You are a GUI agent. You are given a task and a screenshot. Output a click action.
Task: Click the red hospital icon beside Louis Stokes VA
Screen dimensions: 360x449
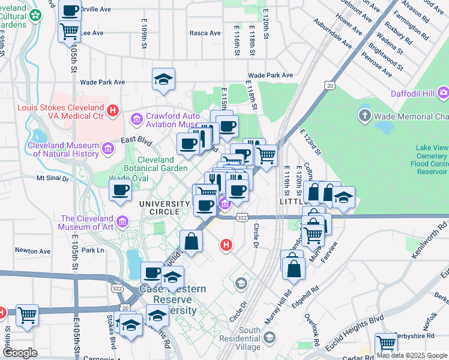113,110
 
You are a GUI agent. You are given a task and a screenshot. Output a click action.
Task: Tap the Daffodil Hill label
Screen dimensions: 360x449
413,92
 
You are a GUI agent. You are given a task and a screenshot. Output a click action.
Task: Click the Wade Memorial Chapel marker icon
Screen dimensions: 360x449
364,115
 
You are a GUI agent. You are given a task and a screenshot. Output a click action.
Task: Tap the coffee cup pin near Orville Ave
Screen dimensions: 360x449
70,10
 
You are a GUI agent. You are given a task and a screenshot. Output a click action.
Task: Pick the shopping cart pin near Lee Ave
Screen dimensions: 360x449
70,31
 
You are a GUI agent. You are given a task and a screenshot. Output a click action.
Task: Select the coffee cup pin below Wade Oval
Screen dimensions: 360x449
120,191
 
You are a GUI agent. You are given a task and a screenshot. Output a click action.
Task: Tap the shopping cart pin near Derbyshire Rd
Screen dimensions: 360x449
386,344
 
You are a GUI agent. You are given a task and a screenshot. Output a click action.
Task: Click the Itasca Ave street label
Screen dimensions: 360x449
202,33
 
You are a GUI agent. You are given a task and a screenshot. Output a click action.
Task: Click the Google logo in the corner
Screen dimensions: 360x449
20,353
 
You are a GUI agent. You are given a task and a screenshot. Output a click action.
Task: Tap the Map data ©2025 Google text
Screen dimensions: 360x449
411,355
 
